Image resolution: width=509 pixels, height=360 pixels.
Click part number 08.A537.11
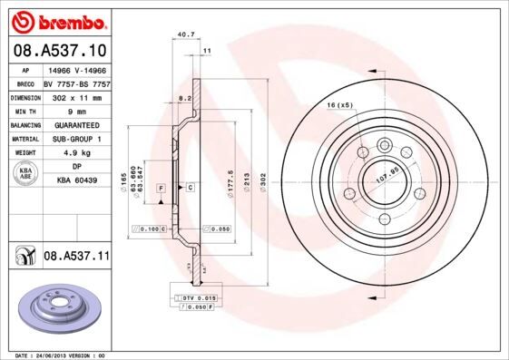(x=76, y=257)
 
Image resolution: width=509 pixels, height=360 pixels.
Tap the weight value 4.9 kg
(x=76, y=153)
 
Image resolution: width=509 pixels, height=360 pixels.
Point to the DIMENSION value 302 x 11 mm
(x=76, y=95)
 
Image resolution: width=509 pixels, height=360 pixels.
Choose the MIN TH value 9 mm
(x=76, y=110)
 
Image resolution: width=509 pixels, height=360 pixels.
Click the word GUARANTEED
(x=76, y=124)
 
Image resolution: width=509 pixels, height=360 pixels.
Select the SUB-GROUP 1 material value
(x=76, y=139)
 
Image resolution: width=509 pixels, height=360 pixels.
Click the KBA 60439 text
(x=77, y=181)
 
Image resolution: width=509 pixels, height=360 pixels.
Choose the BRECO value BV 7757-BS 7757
(x=76, y=81)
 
